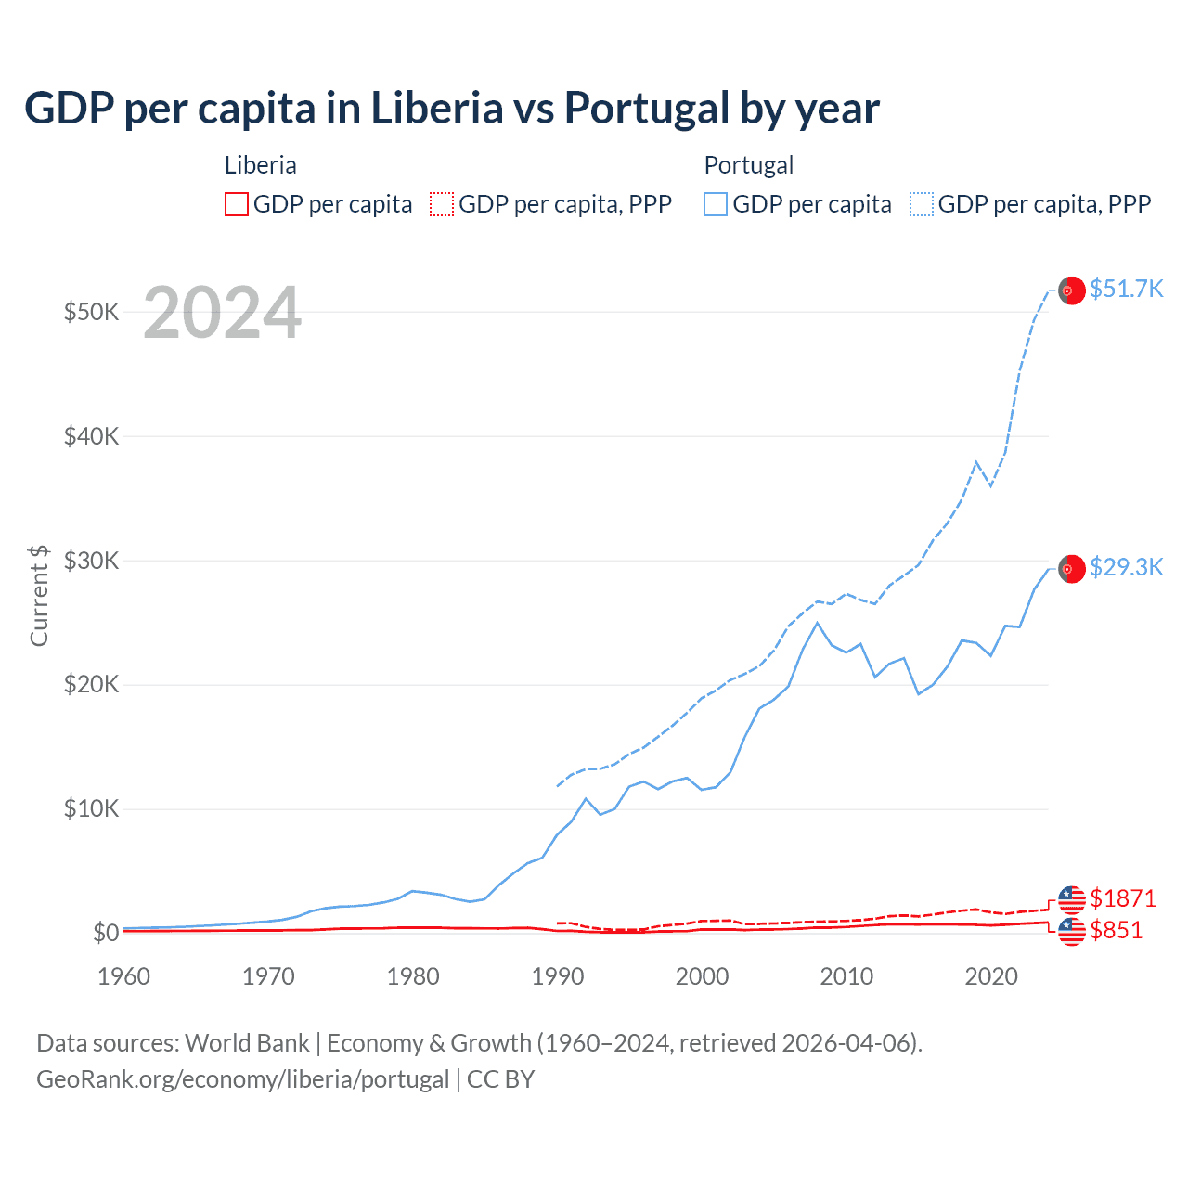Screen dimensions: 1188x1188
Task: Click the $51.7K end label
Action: coord(1126,289)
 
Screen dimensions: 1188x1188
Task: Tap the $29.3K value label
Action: coord(1126,567)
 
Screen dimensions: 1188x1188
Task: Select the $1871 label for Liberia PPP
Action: coord(1122,898)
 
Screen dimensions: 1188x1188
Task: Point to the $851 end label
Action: coord(1116,930)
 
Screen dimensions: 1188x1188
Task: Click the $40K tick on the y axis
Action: coord(91,436)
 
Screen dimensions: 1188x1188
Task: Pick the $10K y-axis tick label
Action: coord(91,808)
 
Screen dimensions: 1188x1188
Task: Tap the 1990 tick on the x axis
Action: coord(558,976)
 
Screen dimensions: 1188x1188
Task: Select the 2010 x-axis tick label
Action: coord(846,976)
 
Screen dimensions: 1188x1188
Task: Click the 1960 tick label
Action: coord(124,976)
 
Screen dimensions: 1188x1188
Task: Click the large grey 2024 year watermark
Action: coord(222,313)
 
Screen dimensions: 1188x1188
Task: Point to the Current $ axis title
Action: coord(39,595)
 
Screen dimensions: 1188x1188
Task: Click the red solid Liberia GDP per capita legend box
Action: coord(237,204)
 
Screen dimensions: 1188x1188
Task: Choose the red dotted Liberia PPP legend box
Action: coord(442,204)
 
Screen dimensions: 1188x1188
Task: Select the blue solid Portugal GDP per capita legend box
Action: coord(716,204)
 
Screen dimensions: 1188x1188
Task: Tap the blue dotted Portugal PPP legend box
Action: coord(922,204)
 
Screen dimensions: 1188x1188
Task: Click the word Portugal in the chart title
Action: coord(647,108)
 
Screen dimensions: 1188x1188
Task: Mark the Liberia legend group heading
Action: coord(261,165)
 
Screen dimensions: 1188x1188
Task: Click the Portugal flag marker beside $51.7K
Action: coord(1071,291)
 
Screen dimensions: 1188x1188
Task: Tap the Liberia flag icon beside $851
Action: coord(1071,931)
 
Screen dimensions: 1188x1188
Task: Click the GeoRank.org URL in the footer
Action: coord(242,1079)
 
